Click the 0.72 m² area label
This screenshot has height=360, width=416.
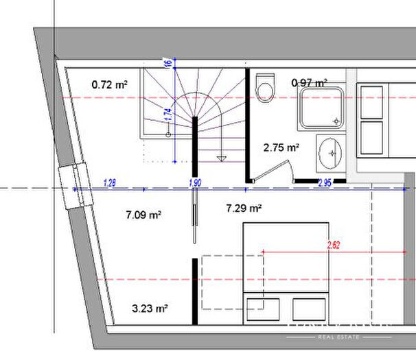[x=109, y=85]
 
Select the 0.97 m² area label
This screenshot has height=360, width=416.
[x=309, y=83]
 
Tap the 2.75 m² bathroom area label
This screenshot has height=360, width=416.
[x=281, y=147]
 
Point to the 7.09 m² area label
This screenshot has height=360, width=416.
[x=143, y=215]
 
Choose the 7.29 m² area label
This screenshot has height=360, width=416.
[x=244, y=208]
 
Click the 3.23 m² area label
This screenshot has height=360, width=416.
[x=150, y=309]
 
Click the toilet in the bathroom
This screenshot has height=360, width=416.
[x=264, y=88]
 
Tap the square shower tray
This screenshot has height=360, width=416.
[x=321, y=108]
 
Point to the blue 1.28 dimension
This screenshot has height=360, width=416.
[x=108, y=182]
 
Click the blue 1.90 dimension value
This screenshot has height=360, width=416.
[x=194, y=182]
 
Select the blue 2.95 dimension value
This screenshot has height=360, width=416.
[x=325, y=182]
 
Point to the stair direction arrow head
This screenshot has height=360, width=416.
[x=221, y=158]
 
